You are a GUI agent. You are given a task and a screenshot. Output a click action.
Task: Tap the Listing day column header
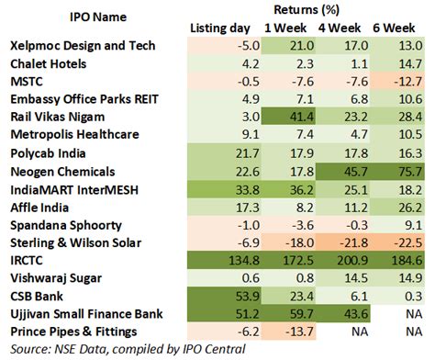tap(224, 27)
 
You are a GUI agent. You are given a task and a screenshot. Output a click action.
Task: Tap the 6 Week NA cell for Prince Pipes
tap(410, 332)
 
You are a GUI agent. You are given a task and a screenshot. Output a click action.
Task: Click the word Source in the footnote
tap(28, 349)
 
